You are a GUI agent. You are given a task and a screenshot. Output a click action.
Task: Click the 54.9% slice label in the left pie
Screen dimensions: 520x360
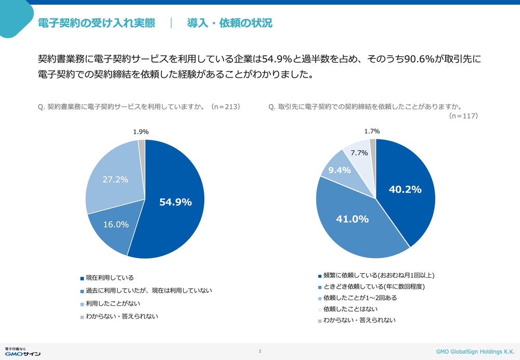(175, 202)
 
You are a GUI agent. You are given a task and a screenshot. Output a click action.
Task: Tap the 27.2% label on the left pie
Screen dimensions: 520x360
(115, 179)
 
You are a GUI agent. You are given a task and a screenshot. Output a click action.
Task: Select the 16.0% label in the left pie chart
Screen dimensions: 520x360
(116, 224)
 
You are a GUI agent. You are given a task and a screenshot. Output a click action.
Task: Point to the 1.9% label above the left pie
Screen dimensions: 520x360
(140, 132)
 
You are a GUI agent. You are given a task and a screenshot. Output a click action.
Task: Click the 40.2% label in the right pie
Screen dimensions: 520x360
(405, 189)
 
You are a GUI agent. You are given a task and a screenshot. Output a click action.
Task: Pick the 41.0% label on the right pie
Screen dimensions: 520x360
(352, 219)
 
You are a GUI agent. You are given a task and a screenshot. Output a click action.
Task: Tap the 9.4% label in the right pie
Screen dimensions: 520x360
(339, 170)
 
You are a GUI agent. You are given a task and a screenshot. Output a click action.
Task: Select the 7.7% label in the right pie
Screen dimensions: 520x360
(359, 153)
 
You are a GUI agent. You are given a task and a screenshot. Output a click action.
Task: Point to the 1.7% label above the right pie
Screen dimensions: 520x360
(372, 132)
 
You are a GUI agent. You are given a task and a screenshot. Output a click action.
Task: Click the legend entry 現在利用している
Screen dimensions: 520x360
(107, 278)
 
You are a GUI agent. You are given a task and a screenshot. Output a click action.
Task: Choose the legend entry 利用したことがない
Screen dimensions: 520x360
(110, 304)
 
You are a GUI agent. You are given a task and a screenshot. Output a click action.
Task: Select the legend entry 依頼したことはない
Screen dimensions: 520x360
(347, 309)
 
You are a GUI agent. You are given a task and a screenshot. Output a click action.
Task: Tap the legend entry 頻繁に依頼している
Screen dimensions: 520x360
(376, 275)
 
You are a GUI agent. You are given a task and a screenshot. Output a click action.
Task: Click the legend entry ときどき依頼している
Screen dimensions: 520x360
(371, 287)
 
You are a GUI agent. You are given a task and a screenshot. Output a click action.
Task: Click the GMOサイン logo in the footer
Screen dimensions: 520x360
(22, 352)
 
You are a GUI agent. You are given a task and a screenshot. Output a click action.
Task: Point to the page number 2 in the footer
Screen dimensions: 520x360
(259, 351)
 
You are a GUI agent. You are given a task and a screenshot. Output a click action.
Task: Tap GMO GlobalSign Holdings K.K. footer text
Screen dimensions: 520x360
(475, 352)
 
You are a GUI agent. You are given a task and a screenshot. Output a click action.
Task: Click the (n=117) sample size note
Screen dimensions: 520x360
(463, 116)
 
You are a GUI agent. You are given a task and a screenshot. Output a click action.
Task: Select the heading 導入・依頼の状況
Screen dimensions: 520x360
(229, 23)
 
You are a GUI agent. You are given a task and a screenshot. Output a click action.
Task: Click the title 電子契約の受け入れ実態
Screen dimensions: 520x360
(97, 23)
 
